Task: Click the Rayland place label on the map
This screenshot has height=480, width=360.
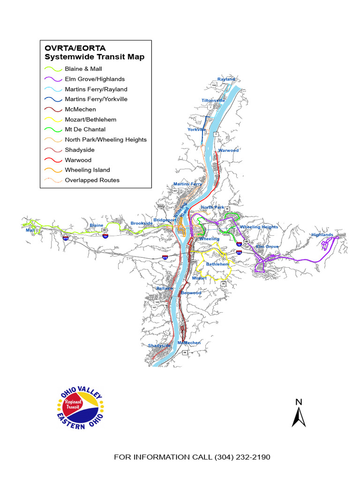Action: click(x=226, y=80)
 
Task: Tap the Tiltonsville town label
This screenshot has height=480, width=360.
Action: click(x=213, y=101)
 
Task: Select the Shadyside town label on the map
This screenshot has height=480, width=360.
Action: click(x=159, y=346)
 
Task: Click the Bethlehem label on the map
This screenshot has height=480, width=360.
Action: click(x=218, y=264)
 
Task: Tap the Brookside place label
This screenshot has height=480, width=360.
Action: click(x=142, y=224)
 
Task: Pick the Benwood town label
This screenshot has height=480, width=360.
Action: click(x=191, y=293)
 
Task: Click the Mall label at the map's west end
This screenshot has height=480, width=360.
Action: click(x=30, y=231)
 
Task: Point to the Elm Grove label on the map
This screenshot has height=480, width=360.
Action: click(x=267, y=247)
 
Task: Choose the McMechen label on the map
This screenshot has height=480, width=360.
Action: click(x=189, y=343)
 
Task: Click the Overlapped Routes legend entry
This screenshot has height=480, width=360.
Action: click(x=92, y=180)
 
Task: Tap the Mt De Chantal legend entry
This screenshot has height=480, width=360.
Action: click(x=85, y=129)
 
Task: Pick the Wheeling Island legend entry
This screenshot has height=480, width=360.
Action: click(x=88, y=170)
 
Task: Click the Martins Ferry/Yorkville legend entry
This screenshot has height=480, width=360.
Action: click(x=96, y=99)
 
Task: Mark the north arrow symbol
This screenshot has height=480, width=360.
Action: click(x=299, y=413)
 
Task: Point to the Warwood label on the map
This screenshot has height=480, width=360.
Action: click(x=228, y=150)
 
